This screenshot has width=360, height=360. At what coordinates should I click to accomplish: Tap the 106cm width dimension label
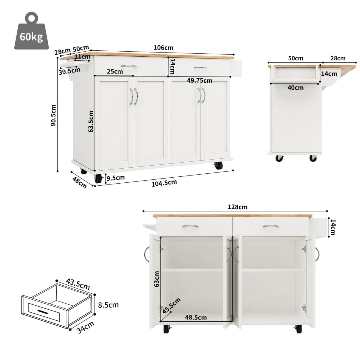click(x=163, y=48)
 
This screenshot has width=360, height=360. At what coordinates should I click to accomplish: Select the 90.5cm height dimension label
click(x=54, y=115)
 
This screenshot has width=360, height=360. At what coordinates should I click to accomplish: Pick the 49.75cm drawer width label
click(x=199, y=80)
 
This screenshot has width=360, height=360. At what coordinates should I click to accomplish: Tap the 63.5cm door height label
click(x=91, y=121)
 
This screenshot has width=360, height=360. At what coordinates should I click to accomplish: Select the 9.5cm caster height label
click(x=116, y=178)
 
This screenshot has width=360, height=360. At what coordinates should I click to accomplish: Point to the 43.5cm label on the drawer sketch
click(x=78, y=284)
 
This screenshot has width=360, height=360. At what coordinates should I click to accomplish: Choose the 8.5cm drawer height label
click(x=108, y=305)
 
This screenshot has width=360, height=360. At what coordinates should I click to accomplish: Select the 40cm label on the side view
click(x=295, y=88)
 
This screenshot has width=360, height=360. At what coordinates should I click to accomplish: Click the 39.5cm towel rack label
click(x=70, y=71)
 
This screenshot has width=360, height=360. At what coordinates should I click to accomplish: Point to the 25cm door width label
click(x=115, y=71)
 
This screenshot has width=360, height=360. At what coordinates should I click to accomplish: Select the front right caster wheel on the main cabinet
click(x=218, y=165)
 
